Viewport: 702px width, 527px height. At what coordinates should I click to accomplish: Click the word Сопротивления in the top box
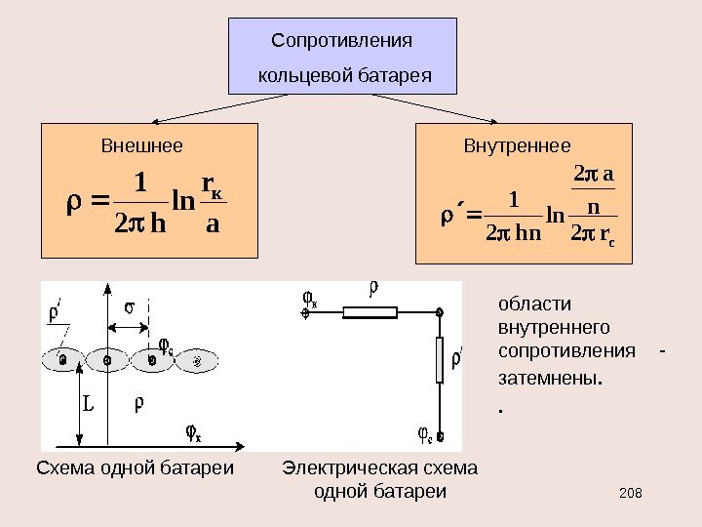341,41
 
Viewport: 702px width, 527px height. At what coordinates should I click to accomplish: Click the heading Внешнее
141,147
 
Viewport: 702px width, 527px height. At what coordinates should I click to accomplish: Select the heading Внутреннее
517,147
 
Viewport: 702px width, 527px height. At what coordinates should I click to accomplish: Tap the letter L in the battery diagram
88,401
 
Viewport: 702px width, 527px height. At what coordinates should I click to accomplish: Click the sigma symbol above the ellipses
129,308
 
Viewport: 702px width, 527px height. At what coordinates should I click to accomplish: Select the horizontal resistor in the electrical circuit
370,312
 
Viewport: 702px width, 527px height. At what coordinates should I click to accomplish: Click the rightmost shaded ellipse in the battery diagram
198,360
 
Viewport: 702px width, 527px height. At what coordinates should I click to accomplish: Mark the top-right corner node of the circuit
440,312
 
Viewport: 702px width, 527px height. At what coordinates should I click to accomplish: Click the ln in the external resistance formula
182,202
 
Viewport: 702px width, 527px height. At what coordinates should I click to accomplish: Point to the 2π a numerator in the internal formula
595,176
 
